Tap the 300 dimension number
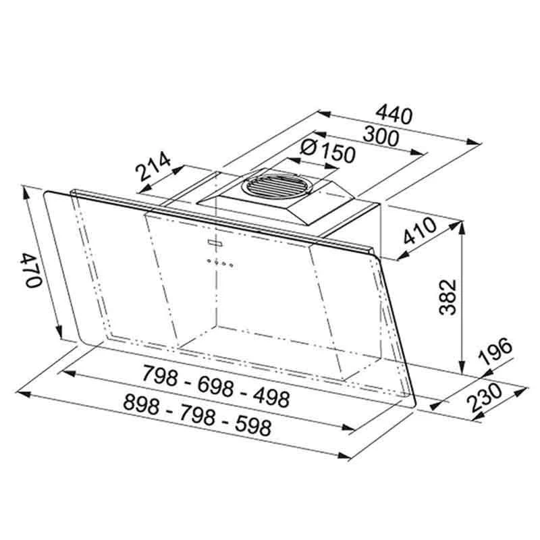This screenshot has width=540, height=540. pyautogui.click(x=381, y=136)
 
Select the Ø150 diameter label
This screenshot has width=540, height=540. pyautogui.click(x=327, y=151)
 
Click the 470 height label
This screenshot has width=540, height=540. pyautogui.click(x=32, y=271)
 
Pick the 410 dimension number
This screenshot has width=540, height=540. pyautogui.click(x=420, y=231)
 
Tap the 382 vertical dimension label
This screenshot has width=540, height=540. pyautogui.click(x=448, y=297)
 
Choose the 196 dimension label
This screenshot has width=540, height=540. pyautogui.click(x=496, y=351)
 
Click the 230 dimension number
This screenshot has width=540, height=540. pyautogui.click(x=485, y=397)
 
